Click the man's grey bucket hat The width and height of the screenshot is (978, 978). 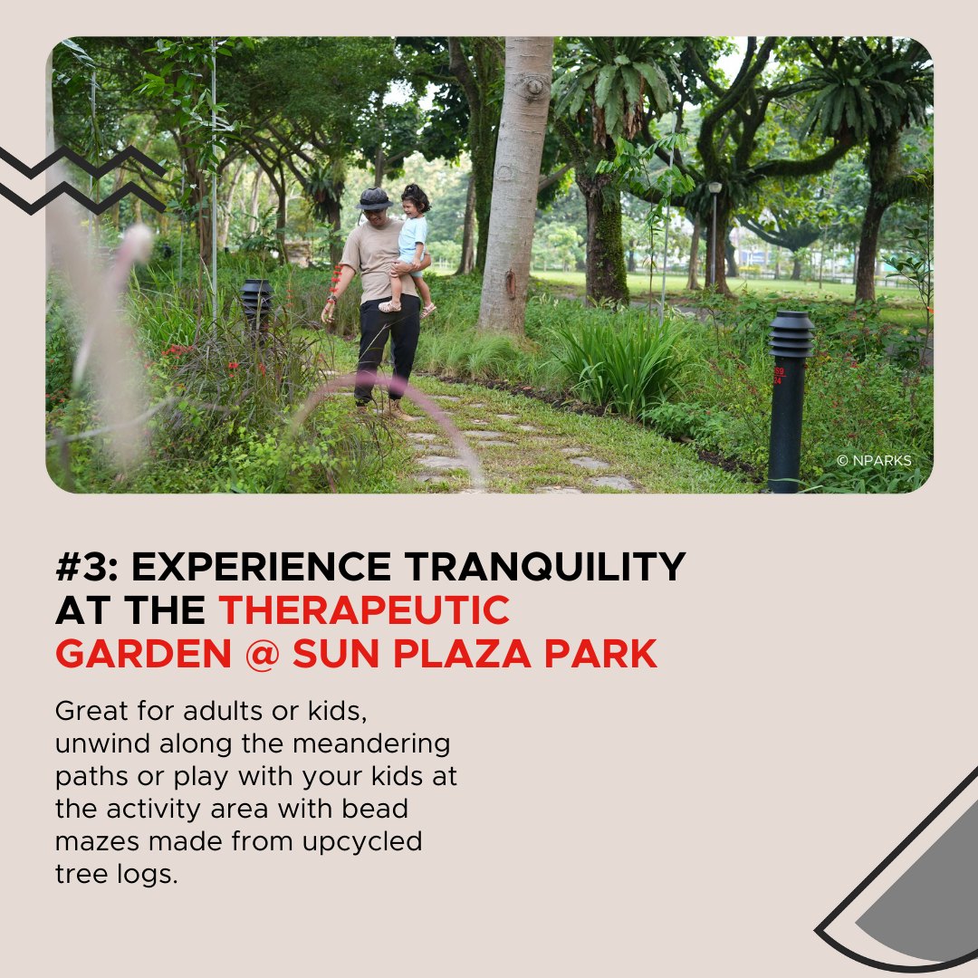coord(374,198)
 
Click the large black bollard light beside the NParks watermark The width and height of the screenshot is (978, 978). coord(789,398)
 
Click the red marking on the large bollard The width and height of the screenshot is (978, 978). coord(780,375)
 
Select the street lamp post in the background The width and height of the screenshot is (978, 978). coord(714,235)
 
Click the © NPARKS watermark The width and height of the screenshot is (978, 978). coord(874,461)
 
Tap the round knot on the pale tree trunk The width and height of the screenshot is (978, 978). coord(532,87)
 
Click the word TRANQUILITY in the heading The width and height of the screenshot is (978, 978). coord(545,568)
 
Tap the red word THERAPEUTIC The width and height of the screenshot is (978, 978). coord(364,611)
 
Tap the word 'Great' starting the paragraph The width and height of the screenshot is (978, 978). coord(85,712)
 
